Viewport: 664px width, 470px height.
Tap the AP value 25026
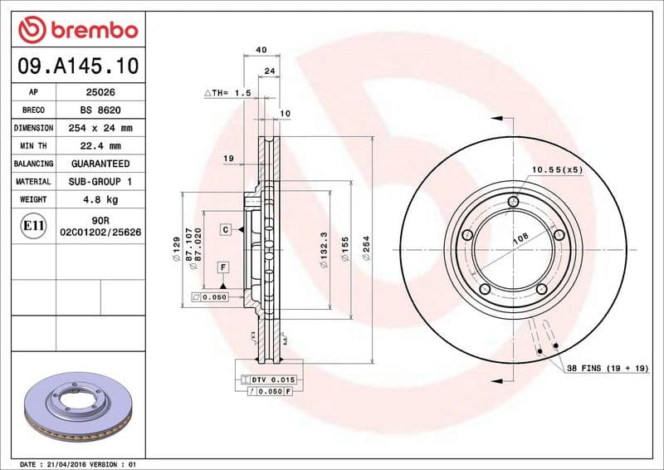tap(100, 92)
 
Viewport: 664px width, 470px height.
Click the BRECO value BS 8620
tap(100, 110)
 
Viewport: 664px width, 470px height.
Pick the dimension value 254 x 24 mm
tap(100, 128)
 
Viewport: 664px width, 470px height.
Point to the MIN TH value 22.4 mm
tap(100, 146)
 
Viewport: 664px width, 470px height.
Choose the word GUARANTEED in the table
tap(100, 164)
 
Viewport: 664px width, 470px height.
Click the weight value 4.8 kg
tap(100, 200)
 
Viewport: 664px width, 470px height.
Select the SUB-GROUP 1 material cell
tap(100, 181)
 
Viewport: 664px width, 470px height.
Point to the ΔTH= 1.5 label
tap(227, 93)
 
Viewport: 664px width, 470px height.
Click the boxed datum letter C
tap(224, 228)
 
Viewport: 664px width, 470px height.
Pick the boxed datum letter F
tap(223, 267)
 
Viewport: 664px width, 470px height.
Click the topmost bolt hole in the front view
tap(513, 201)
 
